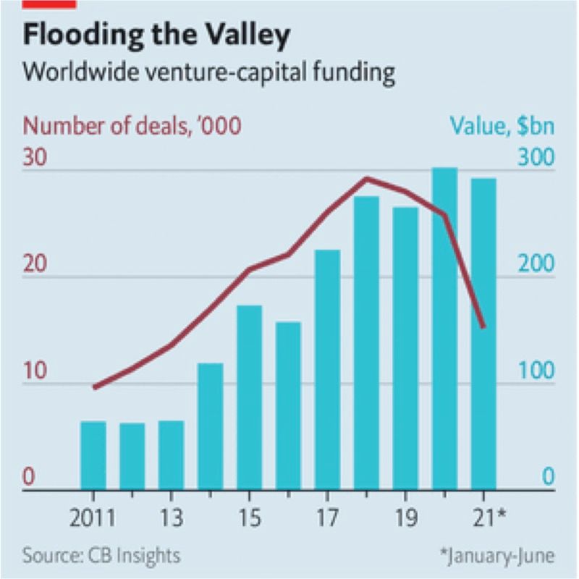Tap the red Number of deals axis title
[x=132, y=125]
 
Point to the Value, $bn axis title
[x=500, y=125]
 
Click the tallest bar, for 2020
[x=444, y=329]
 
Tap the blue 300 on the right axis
[x=537, y=158]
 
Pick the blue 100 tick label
[x=537, y=371]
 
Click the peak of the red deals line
[x=367, y=178]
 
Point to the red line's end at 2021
[x=483, y=326]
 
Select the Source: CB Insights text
[x=101, y=557]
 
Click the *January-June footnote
[x=497, y=557]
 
